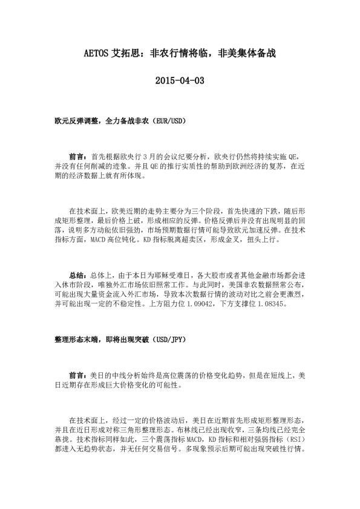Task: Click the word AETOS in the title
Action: [x=95, y=53]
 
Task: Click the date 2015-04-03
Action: [x=180, y=80]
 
